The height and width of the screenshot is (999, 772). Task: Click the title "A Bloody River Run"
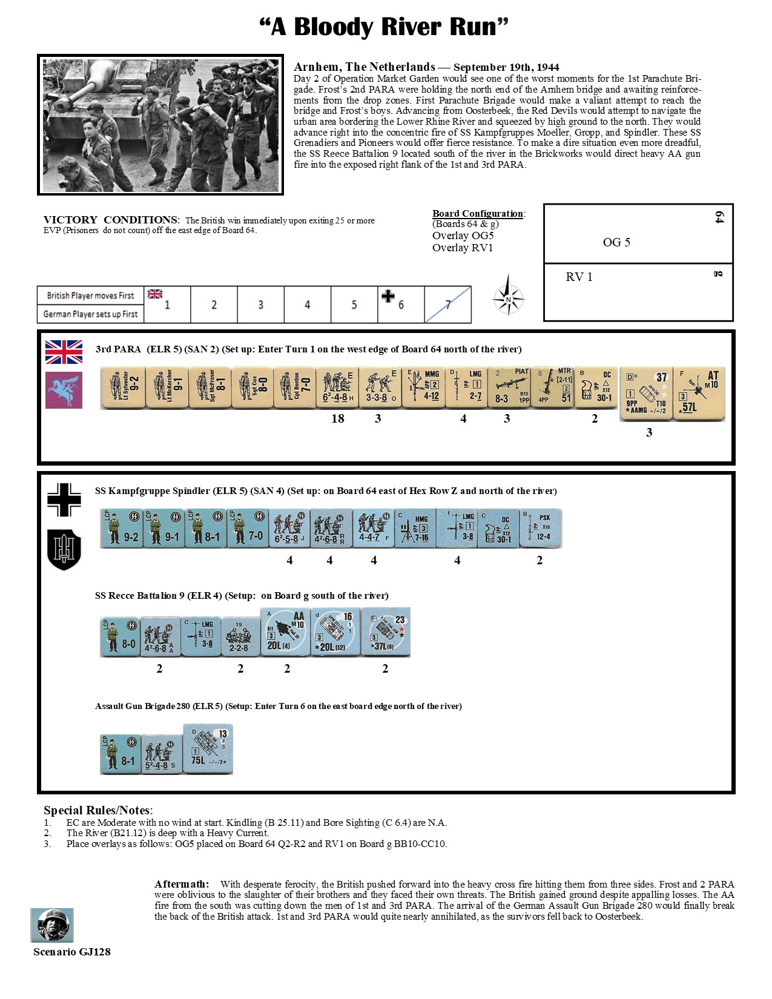click(x=384, y=27)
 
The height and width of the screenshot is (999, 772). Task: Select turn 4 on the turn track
click(x=307, y=305)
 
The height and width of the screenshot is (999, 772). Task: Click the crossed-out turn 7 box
click(x=447, y=305)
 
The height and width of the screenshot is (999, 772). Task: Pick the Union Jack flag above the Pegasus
click(x=64, y=352)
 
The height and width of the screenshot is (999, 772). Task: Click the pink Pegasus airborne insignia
click(x=64, y=390)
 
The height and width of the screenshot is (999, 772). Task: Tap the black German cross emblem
click(x=64, y=499)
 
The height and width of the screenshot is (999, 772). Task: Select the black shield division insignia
click(x=64, y=549)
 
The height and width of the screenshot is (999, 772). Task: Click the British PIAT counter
click(x=509, y=387)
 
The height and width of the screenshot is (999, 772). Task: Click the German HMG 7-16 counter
click(x=415, y=529)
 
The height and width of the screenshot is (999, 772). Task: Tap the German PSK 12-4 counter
click(x=541, y=529)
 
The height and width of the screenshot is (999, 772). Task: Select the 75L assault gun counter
click(x=208, y=749)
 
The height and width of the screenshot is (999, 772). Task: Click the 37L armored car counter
click(x=386, y=632)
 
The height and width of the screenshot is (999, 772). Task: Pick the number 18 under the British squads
click(x=338, y=418)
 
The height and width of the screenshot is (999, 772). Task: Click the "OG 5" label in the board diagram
click(x=616, y=242)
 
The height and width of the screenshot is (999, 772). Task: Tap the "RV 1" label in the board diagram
click(x=579, y=277)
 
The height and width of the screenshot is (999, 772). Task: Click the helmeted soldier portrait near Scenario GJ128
click(x=52, y=925)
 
